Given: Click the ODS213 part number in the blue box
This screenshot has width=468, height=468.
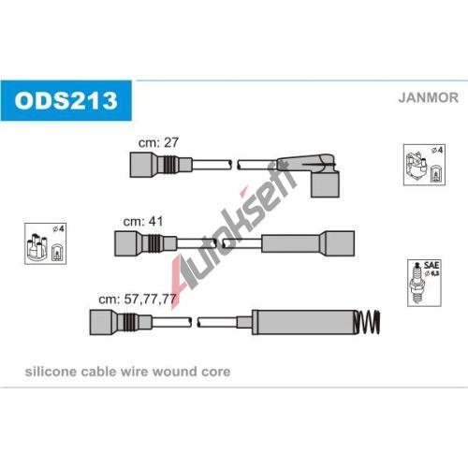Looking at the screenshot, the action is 66,100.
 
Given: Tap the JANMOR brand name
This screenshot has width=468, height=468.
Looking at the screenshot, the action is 428,97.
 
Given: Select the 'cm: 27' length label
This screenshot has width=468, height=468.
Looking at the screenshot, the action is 158,142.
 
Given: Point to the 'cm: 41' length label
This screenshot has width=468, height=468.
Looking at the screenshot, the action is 143,221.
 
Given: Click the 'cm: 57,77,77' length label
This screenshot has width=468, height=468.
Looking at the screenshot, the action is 138,299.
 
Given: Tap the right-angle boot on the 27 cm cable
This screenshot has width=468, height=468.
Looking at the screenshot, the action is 321,175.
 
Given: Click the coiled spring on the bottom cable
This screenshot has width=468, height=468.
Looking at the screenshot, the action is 368,322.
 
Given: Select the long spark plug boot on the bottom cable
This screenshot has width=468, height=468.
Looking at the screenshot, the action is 302,322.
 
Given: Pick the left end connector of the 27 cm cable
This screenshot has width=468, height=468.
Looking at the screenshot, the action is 161,165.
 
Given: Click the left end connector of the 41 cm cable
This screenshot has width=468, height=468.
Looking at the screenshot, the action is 145,243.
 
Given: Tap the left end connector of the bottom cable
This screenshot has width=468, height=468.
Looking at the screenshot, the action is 121,322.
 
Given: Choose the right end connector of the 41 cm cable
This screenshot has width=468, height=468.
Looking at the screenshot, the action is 308,243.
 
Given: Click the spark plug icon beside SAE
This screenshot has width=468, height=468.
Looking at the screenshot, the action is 417,284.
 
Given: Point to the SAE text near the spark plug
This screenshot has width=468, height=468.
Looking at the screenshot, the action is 431,265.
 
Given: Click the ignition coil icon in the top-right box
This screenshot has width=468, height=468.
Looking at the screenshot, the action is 416,168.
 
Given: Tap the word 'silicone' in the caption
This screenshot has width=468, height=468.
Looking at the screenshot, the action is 51,372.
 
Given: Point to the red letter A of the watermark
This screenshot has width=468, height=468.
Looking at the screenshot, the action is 182,279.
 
